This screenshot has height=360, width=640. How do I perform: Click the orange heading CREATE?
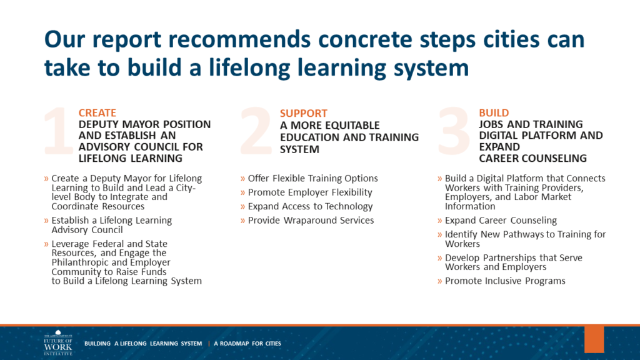[97, 112]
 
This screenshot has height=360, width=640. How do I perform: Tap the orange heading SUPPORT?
[304, 114]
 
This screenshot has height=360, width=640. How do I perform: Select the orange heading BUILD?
[494, 112]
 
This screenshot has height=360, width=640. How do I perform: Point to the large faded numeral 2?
[256, 131]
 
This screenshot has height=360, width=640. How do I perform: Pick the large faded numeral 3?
[454, 131]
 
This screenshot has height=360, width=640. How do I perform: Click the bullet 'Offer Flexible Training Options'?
[312, 178]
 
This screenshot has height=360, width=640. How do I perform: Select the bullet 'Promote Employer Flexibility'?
[310, 192]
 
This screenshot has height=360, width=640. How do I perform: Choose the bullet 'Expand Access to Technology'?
[310, 206]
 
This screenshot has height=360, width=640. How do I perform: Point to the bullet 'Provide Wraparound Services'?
[311, 221]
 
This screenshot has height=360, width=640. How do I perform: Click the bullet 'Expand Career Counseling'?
[501, 221]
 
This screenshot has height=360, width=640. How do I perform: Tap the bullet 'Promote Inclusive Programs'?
[505, 281]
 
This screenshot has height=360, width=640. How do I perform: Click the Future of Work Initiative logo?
[58, 343]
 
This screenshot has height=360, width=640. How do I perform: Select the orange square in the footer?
[594, 339]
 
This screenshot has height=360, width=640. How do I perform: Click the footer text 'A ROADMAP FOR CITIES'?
[247, 344]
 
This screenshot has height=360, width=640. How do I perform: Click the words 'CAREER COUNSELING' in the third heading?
[532, 158]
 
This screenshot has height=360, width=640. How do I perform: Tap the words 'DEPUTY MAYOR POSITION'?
[144, 124]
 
